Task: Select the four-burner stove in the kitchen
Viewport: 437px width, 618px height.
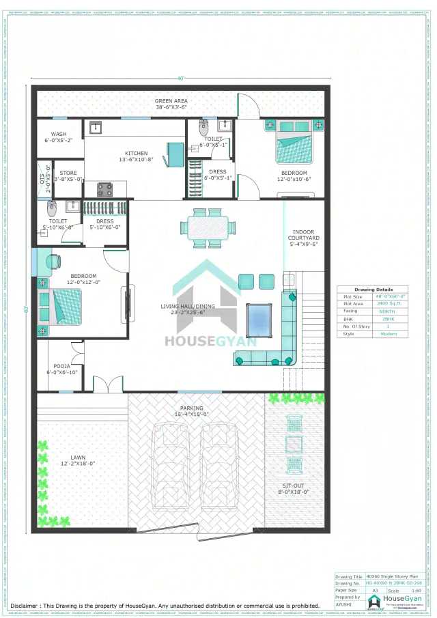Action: pos(104,189)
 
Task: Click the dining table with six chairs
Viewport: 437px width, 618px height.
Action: pos(208,227)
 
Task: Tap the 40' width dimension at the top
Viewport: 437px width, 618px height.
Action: pos(180,79)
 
